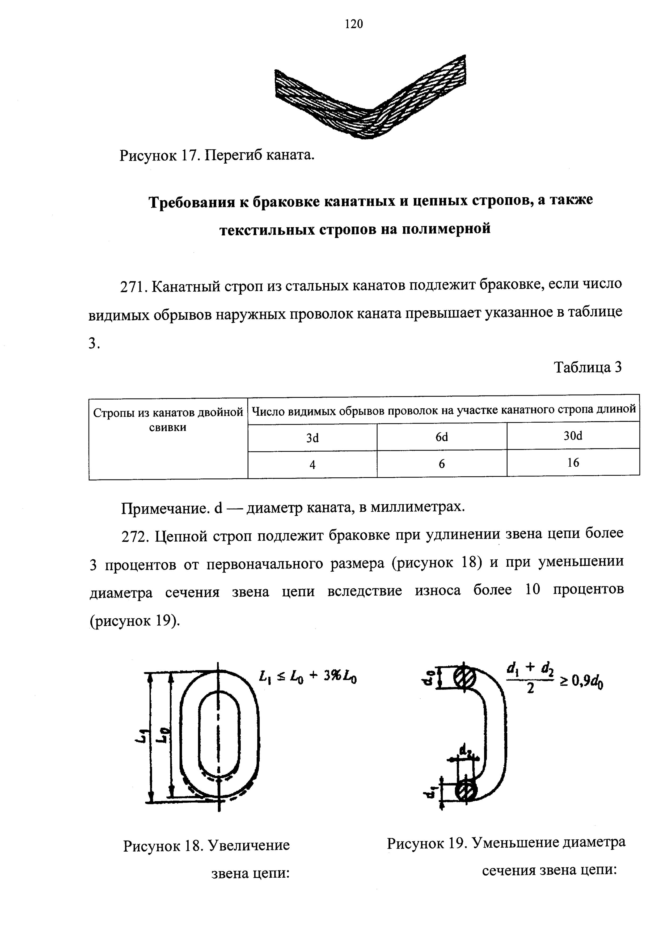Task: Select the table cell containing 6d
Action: pos(442,437)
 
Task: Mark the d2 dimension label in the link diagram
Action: pos(465,751)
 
